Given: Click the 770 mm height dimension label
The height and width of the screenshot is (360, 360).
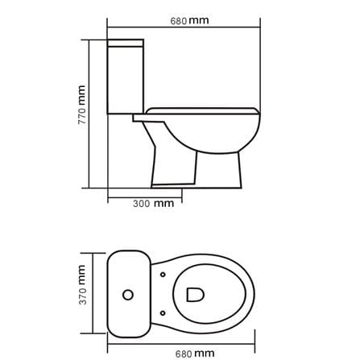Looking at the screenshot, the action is (x=82, y=105).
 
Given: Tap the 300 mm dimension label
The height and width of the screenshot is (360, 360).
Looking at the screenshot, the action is (x=153, y=203).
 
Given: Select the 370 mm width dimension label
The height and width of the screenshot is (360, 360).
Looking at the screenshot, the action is (x=82, y=285).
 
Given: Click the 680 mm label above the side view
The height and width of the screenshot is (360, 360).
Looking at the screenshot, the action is (x=189, y=21).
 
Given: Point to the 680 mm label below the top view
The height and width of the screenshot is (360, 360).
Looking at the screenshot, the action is (x=195, y=354).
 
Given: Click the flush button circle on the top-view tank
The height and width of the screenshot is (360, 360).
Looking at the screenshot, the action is (x=128, y=295).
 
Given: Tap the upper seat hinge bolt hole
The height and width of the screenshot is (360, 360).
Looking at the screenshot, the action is (x=163, y=275).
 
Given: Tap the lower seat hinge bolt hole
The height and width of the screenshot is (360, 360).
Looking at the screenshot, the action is (x=163, y=313).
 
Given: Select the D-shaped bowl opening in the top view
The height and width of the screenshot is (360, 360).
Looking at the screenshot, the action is (x=195, y=295).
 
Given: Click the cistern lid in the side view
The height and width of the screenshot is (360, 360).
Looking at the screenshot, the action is (x=126, y=43).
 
